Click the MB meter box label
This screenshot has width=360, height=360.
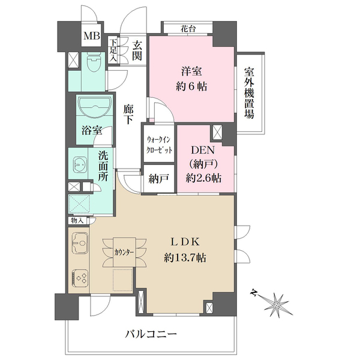click(92, 36)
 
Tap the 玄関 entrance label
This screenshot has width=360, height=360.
click(137, 51)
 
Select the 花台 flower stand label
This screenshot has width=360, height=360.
click(188, 29)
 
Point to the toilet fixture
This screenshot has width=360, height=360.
click(94, 62)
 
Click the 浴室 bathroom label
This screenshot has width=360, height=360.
click(92, 130)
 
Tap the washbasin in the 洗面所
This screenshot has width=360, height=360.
click(80, 164)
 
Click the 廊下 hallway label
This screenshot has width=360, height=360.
click(128, 115)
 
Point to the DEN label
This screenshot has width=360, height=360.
click(203, 151)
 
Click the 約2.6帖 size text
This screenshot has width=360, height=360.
click(203, 178)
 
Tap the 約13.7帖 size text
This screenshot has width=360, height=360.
click(185, 258)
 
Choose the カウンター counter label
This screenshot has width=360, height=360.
click(124, 253)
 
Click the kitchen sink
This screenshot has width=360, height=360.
click(80, 243)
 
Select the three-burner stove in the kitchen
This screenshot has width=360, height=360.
click(80, 278)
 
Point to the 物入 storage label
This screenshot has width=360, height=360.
click(77, 221)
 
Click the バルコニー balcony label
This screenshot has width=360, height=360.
click(151, 334)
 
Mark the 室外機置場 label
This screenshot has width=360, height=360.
click(249, 93)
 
